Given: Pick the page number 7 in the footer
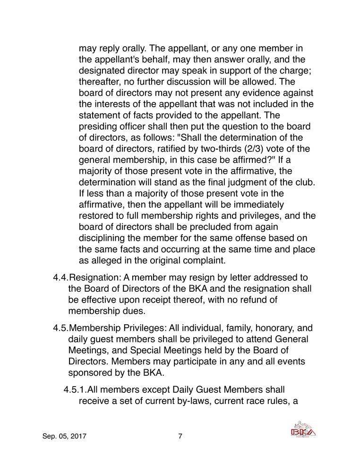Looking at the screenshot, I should [x=180, y=437].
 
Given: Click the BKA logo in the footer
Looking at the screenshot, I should [x=303, y=430].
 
